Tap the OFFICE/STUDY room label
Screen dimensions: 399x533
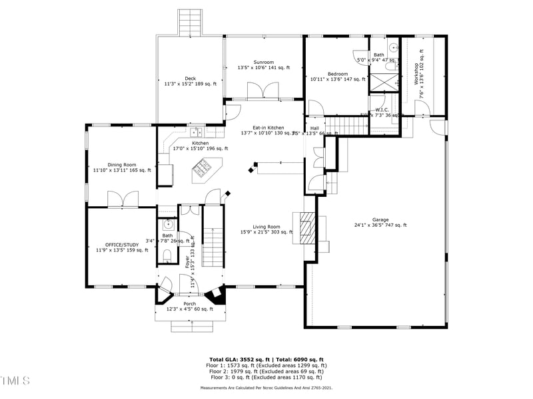[122, 245]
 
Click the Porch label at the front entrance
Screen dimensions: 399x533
[190, 304]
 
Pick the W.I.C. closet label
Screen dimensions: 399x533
[382, 110]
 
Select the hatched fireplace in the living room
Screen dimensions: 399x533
[305, 230]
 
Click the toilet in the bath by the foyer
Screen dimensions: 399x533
[167, 256]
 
